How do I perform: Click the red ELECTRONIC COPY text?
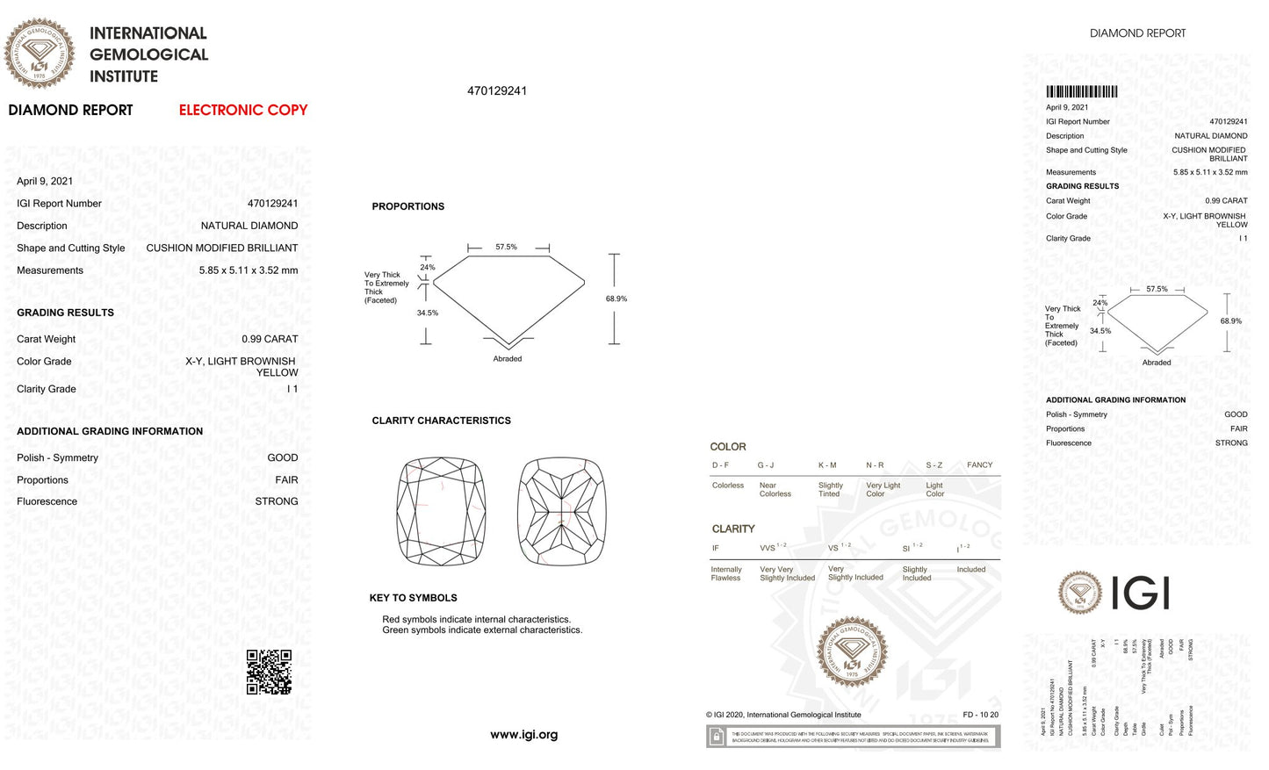click(x=243, y=111)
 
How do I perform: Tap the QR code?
click(x=269, y=672)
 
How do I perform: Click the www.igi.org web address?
click(x=523, y=735)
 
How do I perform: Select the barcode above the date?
click(x=1081, y=91)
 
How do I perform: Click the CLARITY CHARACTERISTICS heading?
click(x=441, y=421)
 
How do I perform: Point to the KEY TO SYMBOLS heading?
click(x=413, y=598)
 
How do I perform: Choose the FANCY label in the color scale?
click(x=979, y=465)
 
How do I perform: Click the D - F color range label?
click(x=720, y=465)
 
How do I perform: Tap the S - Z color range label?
click(x=934, y=465)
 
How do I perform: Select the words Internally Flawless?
click(x=726, y=574)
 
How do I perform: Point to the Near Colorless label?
click(x=775, y=490)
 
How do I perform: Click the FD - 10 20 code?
click(x=980, y=715)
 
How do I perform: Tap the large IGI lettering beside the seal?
click(x=1140, y=594)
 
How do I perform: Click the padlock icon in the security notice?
click(x=717, y=737)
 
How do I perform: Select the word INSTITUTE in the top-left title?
click(x=124, y=76)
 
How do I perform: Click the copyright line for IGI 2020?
click(x=783, y=715)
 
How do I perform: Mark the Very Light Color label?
click(x=883, y=490)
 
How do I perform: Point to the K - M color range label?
click(x=827, y=465)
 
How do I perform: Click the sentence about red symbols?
click(x=476, y=619)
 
